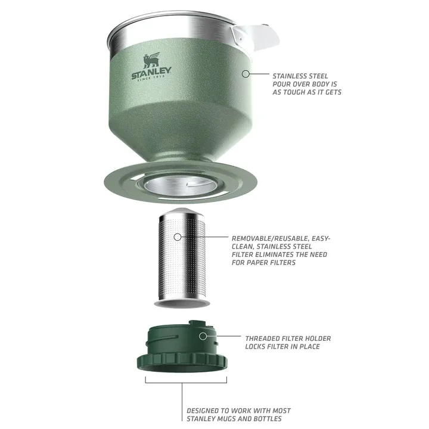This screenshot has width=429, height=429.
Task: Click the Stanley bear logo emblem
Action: (x=151, y=61)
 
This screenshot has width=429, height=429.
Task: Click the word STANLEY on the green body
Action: (x=151, y=73)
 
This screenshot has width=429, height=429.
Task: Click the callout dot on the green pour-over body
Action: (x=244, y=74)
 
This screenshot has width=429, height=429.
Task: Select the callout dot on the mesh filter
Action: (x=178, y=237)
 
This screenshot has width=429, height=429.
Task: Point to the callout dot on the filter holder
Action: (x=203, y=336)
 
